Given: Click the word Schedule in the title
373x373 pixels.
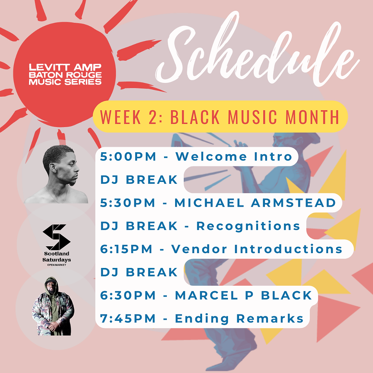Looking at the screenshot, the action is (257, 51).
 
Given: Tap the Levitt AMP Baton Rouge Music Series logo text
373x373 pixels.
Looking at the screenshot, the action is (65, 74).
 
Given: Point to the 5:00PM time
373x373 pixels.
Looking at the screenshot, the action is (128, 156).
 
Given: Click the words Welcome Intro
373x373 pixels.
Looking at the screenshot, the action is (234, 156).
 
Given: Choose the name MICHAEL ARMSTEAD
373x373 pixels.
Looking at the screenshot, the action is (255, 202).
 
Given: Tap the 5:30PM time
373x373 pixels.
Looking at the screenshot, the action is (128, 202).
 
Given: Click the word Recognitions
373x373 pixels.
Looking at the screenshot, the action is (248, 226).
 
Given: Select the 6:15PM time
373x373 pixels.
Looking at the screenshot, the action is (126, 249).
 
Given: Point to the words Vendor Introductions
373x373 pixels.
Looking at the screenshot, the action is (257, 249).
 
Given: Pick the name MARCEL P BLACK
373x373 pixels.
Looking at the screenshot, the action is (243, 295).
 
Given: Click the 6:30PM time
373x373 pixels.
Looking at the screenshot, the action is (128, 295).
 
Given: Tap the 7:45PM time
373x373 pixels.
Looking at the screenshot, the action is (128, 318).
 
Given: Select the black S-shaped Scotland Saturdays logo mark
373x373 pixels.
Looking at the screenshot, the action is (57, 237).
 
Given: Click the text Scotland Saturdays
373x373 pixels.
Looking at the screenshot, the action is (57, 257).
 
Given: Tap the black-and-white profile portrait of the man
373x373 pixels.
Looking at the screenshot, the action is (57, 174).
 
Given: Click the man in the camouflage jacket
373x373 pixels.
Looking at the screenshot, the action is (53, 306).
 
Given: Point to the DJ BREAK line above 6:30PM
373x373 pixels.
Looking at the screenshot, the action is (139, 272).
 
